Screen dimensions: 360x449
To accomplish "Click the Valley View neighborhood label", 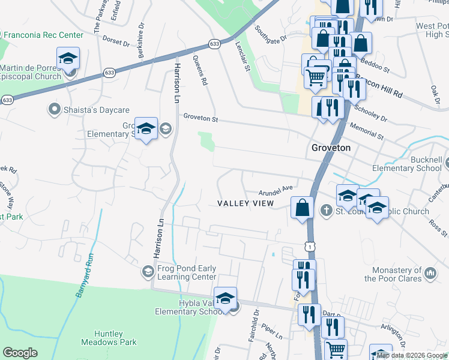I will click(x=245, y=203).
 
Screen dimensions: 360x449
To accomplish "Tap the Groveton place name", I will click(x=331, y=148).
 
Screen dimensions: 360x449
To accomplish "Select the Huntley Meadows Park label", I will click(x=116, y=338).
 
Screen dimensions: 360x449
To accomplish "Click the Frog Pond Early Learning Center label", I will click(x=187, y=272).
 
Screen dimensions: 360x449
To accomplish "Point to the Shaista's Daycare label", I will click(x=90, y=109).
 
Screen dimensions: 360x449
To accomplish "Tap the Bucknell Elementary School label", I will click(x=418, y=164).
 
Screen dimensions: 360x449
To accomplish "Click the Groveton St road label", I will click(x=200, y=117).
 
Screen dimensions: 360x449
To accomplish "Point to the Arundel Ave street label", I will click(x=276, y=190).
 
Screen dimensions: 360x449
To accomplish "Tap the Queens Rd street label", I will click(x=200, y=70).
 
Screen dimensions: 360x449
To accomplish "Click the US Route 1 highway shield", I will click(x=309, y=246).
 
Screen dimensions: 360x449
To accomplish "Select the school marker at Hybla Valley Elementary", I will click(x=225, y=298).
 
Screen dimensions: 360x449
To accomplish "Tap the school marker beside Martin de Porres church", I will click(x=68, y=59).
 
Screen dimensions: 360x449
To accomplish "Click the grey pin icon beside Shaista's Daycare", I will click(x=55, y=109).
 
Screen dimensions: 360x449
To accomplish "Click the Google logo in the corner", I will click(x=20, y=353).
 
